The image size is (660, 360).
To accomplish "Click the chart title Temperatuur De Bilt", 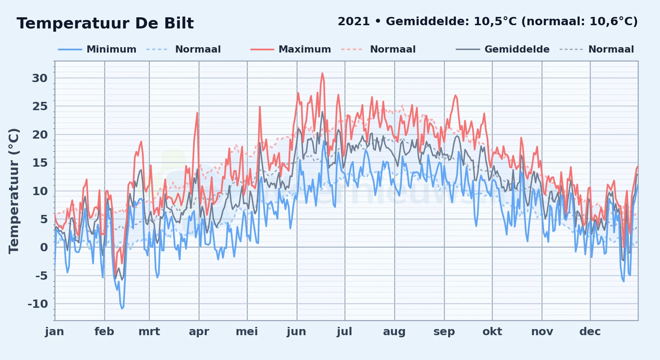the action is (105, 23).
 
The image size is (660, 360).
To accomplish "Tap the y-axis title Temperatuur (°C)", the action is (14, 191).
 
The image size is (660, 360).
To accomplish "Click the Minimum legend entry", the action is (97, 49).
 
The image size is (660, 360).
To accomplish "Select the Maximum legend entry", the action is (291, 49).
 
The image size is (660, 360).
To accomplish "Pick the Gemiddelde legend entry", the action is (503, 49).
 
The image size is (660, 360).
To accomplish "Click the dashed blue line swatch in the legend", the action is (157, 49).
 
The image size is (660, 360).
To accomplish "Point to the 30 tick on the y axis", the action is (40, 78).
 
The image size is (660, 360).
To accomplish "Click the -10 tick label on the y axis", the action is (38, 304).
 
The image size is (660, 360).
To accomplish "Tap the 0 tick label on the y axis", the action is (44, 247).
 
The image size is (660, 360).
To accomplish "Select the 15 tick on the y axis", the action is (40, 163).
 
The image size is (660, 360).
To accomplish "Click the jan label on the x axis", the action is (54, 332).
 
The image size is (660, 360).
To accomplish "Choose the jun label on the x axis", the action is (296, 332).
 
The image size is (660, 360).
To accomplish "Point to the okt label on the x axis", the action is (492, 332).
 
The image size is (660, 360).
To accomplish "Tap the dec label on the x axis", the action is (590, 332).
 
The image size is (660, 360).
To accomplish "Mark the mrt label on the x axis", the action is (149, 332).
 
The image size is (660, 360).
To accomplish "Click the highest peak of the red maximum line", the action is (322, 73).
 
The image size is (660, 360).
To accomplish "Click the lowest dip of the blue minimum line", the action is (122, 309).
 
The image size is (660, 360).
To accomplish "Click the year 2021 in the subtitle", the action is (354, 22).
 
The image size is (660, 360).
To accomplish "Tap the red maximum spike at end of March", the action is (197, 113).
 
